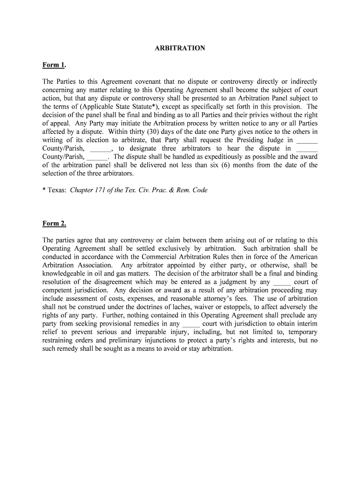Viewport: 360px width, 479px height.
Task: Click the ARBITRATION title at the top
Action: [180, 48]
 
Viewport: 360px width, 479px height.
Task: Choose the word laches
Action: [190, 307]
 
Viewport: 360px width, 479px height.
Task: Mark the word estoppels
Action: [252, 307]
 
